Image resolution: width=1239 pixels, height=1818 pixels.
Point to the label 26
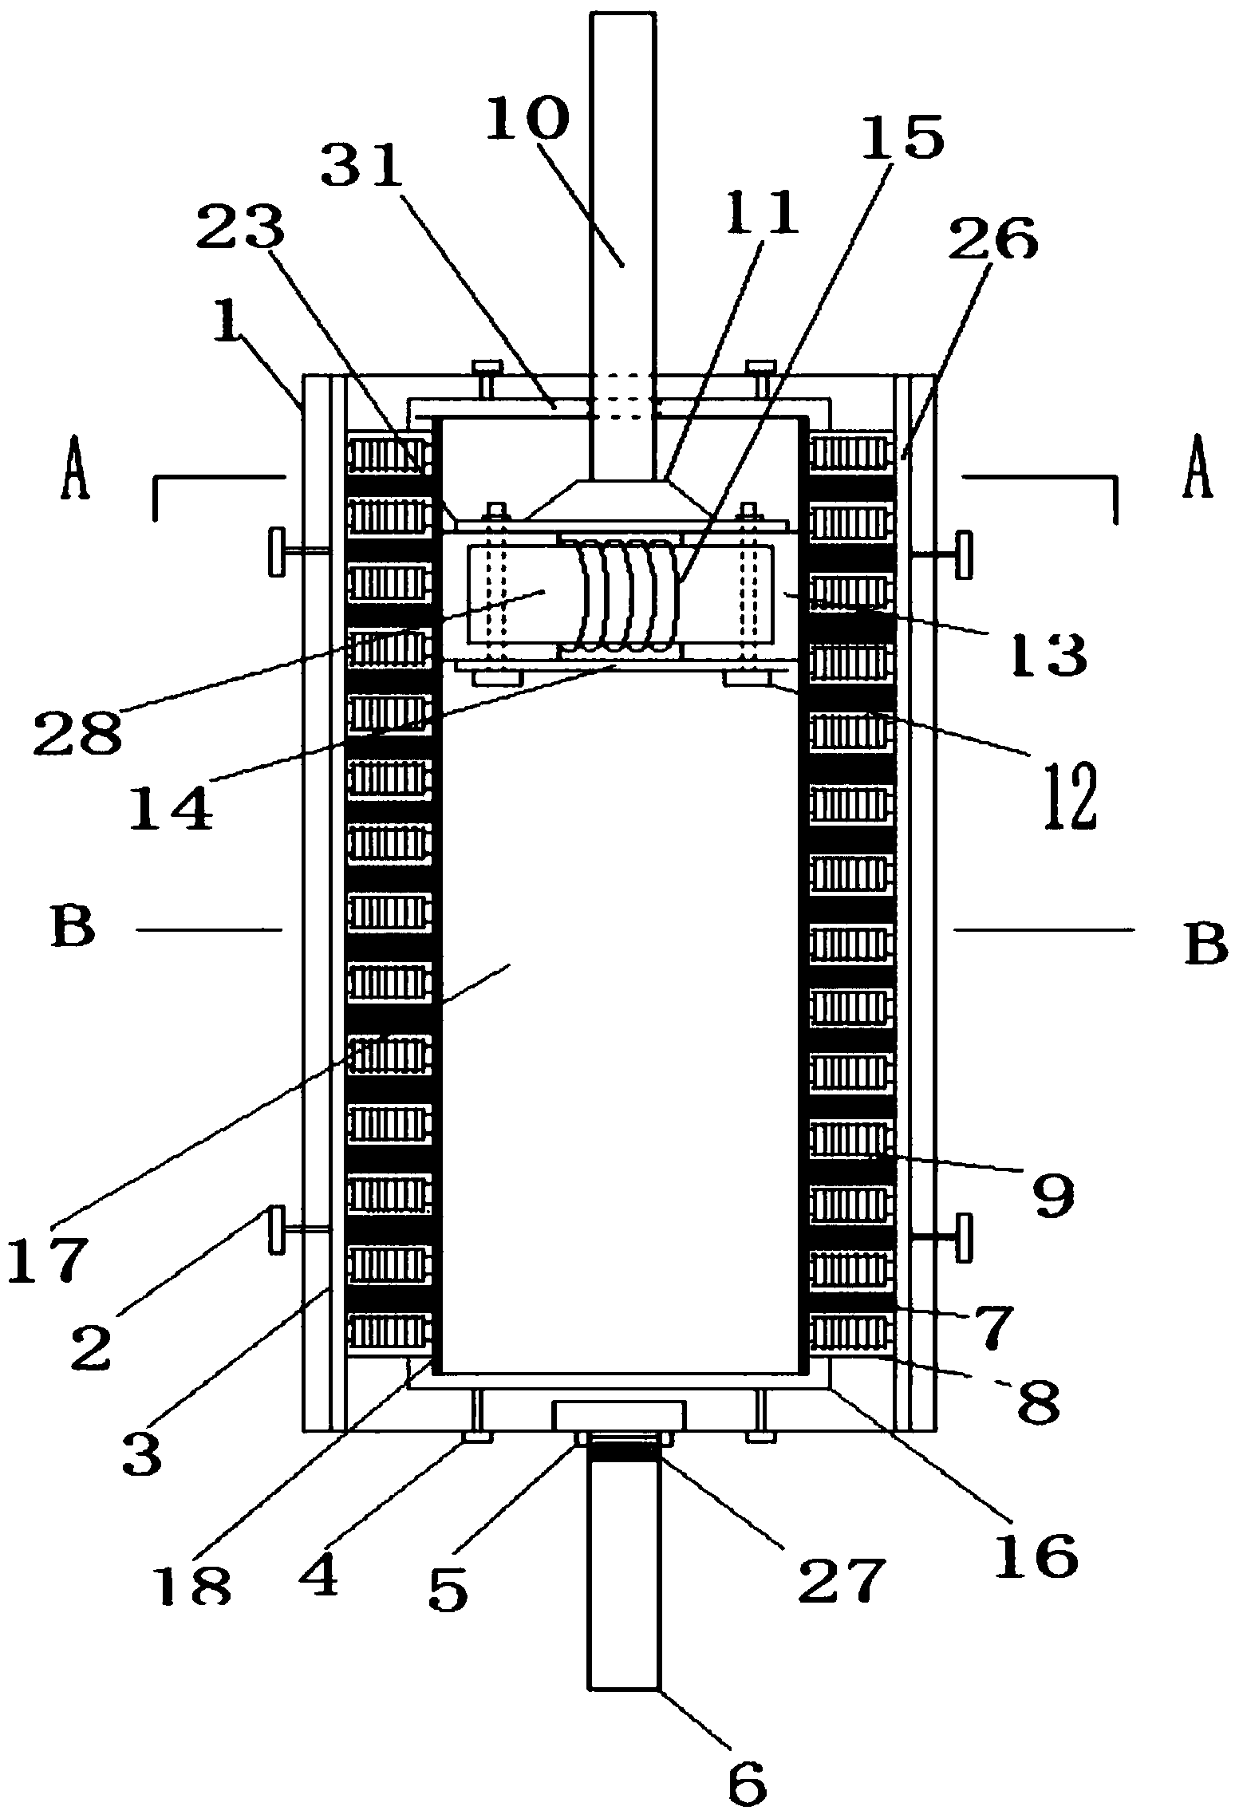click(x=993, y=237)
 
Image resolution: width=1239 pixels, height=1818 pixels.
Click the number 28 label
click(x=77, y=732)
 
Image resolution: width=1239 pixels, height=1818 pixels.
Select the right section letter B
click(x=1205, y=945)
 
